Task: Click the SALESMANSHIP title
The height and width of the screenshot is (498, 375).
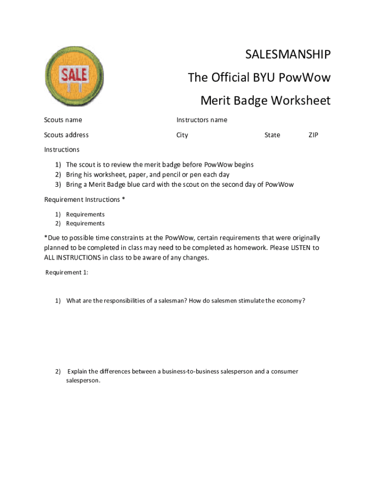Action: coord(288,55)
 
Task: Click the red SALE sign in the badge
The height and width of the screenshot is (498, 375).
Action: coord(74,74)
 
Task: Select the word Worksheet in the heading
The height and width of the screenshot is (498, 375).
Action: coord(300,101)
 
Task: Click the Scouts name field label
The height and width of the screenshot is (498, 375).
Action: coord(63,120)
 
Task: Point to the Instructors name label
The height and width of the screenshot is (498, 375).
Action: coord(202,120)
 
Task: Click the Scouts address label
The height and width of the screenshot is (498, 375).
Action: coord(66,135)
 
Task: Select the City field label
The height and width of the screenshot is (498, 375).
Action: coord(182,135)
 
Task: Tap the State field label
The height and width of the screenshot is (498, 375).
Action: coord(272,135)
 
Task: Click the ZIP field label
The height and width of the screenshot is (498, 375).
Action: coord(313,135)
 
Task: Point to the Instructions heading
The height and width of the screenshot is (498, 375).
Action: coord(62,150)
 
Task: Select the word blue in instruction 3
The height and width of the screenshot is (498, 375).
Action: coord(125,185)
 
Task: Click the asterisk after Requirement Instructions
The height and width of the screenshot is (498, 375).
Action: coord(123,199)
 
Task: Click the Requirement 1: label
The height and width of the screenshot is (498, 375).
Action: coord(67,272)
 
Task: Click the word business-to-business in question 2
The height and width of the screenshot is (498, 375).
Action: coord(190,372)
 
